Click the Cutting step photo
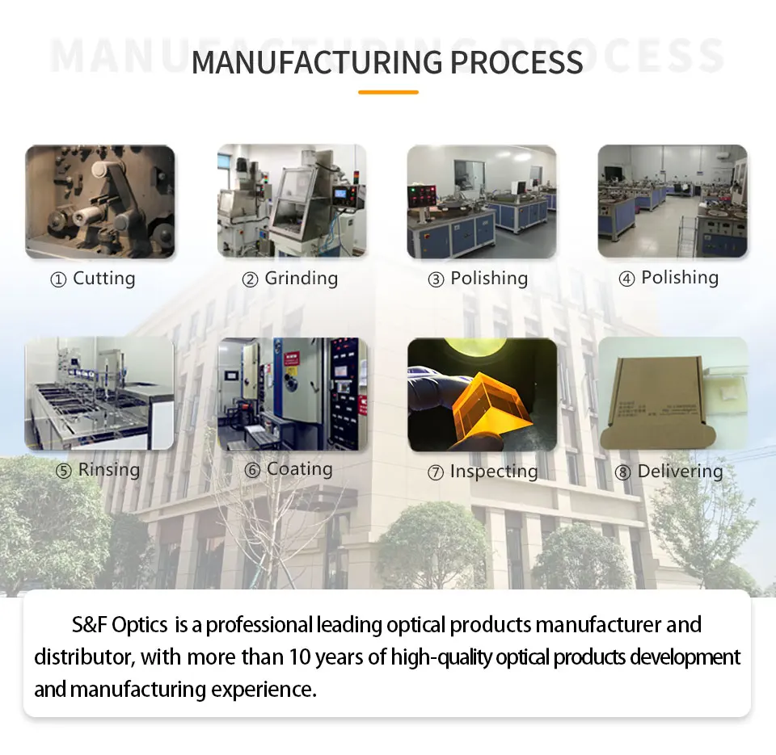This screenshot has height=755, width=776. tap(100, 202)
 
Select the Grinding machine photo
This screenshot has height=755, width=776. tap(292, 202)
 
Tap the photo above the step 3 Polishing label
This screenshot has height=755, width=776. tap(482, 202)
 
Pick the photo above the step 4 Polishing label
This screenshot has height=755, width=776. tap(673, 202)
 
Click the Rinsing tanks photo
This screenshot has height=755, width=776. tap(99, 393)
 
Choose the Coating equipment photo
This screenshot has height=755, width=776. tap(292, 393)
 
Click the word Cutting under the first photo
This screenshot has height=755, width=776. tap(104, 279)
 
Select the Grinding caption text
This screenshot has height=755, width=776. tap(302, 279)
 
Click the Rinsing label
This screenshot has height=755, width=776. tap(109, 470)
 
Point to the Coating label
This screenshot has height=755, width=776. tap(300, 469)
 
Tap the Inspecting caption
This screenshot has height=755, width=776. tap(494, 472)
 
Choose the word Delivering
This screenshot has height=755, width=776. tap(681, 472)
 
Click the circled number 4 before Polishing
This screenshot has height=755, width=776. tap(626, 279)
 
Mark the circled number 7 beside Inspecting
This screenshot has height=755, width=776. tap(436, 473)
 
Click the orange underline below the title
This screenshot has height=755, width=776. tap(388, 92)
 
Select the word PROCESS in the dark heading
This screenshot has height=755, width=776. tap(517, 62)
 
